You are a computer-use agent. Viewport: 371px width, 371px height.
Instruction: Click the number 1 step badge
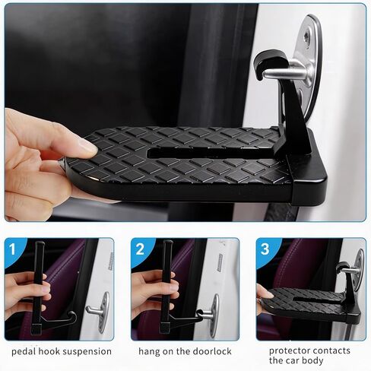pyautogui.click(x=13, y=249)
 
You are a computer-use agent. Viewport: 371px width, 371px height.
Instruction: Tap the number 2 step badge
pyautogui.click(x=140, y=249)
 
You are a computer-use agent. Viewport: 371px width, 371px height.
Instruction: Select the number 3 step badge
pyautogui.click(x=265, y=249)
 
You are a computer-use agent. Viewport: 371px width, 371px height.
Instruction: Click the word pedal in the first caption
pyautogui.click(x=24, y=352)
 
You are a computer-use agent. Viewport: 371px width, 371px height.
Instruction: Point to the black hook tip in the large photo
pyautogui.click(x=259, y=75)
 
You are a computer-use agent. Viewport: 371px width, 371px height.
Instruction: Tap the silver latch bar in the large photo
pyautogui.click(x=287, y=73)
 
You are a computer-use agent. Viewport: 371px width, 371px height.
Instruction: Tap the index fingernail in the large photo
pyautogui.click(x=89, y=147)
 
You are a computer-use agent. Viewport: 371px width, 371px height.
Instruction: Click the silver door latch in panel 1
pyautogui.click(x=100, y=312)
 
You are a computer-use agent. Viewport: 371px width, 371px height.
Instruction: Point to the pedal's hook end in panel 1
pyautogui.click(x=73, y=316)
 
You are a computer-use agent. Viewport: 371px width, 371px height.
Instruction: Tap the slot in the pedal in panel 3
pyautogui.click(x=317, y=300)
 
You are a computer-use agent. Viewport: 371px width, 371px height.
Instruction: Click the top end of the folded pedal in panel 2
pyautogui.click(x=168, y=243)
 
